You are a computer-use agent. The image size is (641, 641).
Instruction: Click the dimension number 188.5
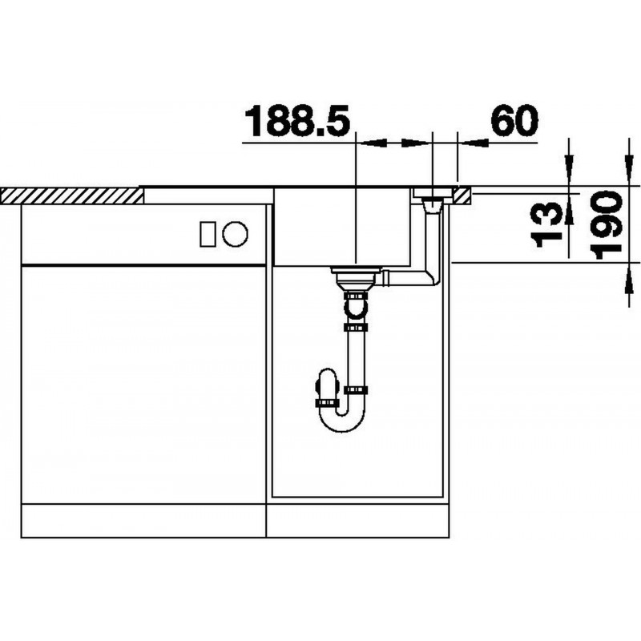297,121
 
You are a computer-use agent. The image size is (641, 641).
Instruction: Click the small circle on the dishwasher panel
235,234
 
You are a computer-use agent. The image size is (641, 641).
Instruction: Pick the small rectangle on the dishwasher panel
208,234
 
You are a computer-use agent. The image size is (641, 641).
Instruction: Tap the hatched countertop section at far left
72,196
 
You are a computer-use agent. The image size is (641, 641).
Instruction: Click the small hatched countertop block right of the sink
462,196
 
